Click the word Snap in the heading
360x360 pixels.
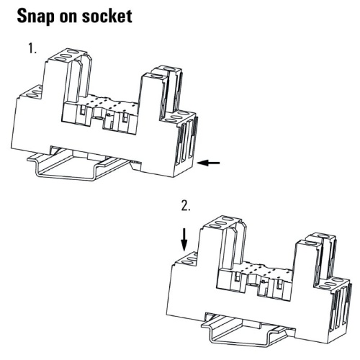point(39,17)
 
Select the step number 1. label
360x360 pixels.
point(32,48)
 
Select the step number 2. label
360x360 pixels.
point(186,206)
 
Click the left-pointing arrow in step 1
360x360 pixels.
point(208,163)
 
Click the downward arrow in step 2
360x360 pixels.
point(184,240)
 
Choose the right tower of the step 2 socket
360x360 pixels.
point(315,259)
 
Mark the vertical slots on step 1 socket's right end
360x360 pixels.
point(187,142)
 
